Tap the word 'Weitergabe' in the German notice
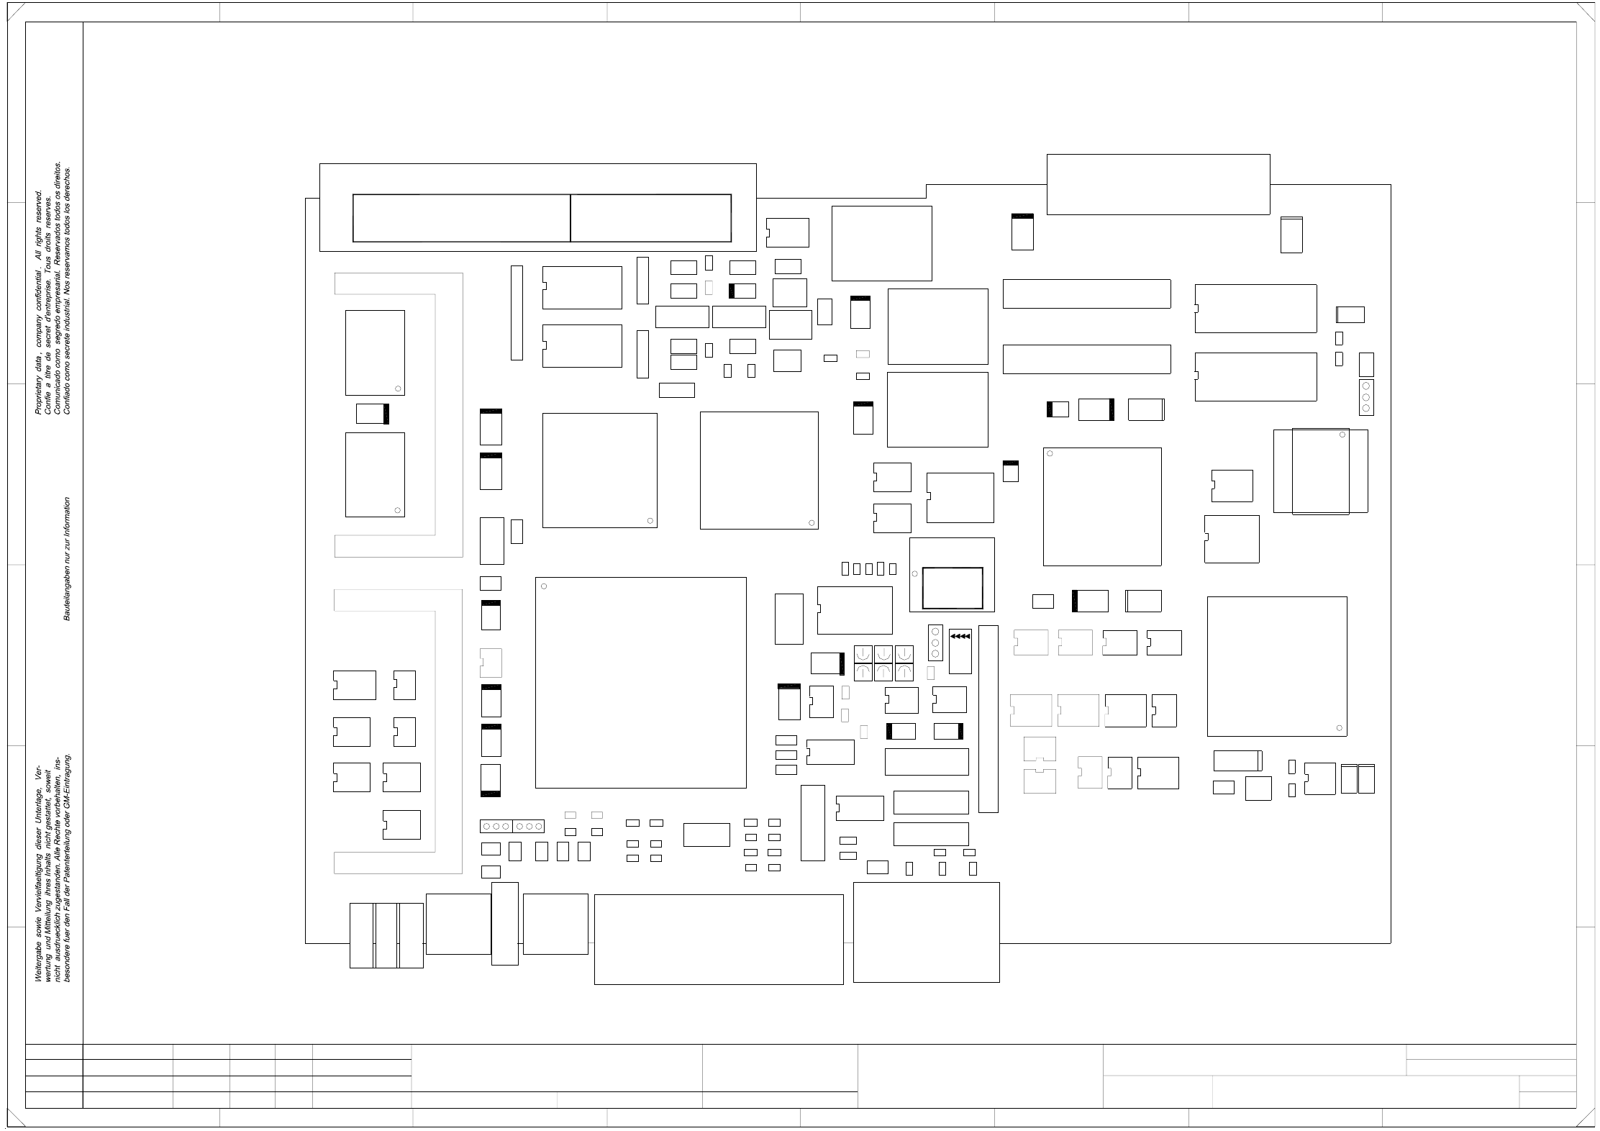[x=39, y=963]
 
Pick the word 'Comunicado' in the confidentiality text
[x=58, y=392]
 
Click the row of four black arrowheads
[x=960, y=636]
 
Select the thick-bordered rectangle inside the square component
[x=952, y=588]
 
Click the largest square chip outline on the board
[x=640, y=682]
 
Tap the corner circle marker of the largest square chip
[x=544, y=586]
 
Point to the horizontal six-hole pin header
[x=512, y=826]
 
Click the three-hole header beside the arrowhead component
[x=935, y=642]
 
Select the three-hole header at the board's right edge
[x=1365, y=397]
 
